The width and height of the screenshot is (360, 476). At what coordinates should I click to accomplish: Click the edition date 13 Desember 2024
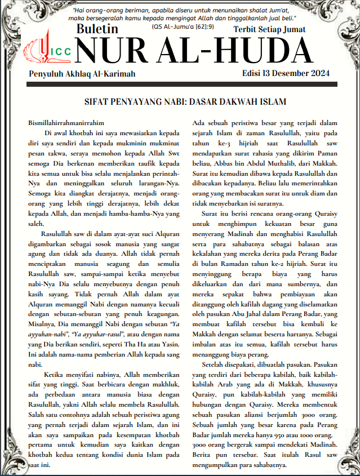coord(294,73)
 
